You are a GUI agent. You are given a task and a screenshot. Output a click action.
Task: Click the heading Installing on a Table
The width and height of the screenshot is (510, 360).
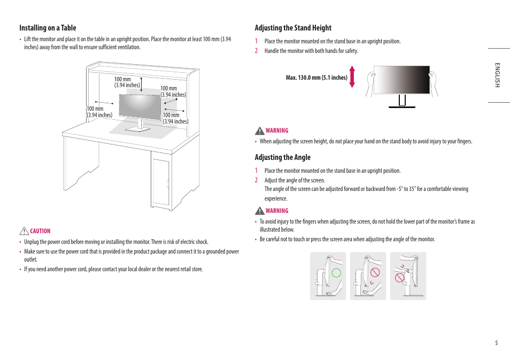(x=48, y=28)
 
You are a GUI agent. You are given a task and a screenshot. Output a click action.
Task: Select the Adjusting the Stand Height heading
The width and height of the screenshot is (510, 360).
(x=293, y=28)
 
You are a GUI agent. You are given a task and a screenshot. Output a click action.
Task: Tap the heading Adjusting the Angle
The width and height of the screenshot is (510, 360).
(x=282, y=157)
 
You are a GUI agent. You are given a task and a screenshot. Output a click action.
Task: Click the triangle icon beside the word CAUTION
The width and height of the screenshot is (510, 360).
(x=24, y=231)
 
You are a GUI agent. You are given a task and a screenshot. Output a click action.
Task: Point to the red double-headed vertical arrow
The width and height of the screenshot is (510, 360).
(x=352, y=76)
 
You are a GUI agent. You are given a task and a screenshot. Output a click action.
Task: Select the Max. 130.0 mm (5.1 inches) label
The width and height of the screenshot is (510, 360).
(x=316, y=78)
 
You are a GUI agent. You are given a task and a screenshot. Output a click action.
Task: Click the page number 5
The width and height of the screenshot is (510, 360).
(x=496, y=343)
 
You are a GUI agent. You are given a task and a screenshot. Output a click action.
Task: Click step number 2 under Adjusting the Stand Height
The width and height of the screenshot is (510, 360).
(x=256, y=51)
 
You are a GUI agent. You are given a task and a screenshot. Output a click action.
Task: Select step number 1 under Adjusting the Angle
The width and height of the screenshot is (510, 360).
(x=256, y=171)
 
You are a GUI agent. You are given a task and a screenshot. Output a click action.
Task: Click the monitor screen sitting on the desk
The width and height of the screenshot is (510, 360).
(x=140, y=106)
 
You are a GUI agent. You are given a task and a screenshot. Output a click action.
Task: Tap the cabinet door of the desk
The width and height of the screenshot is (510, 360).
(x=160, y=182)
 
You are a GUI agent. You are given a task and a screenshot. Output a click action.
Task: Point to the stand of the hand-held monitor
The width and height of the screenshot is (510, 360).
(x=402, y=101)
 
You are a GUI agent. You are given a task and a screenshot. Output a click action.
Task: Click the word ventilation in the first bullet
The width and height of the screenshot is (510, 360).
(x=129, y=47)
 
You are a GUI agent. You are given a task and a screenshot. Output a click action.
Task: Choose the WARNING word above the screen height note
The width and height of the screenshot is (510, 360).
(x=277, y=131)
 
